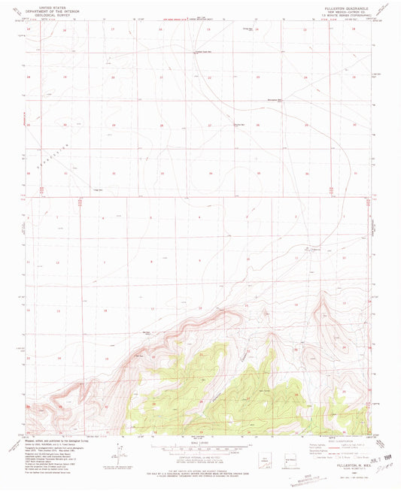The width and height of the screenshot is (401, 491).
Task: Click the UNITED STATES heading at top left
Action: click(x=47, y=5)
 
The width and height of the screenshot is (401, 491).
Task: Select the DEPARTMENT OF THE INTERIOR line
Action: click(x=47, y=10)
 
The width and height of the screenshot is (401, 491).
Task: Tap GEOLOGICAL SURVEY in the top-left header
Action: click(x=47, y=14)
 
